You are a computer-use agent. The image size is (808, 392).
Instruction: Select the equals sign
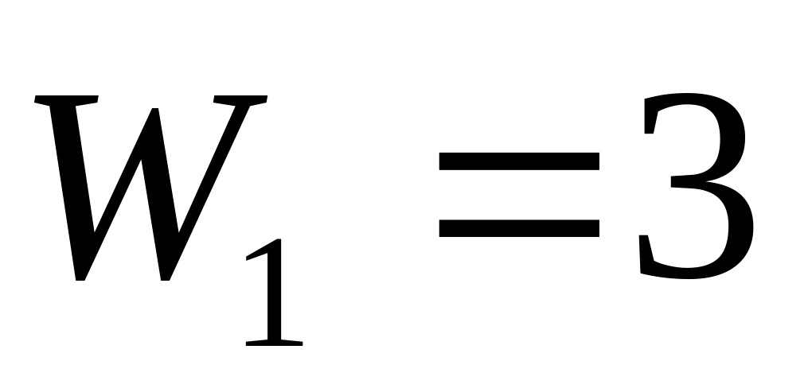tap(519, 196)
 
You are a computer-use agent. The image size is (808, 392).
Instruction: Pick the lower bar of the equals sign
tap(519, 229)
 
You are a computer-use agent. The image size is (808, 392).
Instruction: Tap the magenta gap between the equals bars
tap(519, 196)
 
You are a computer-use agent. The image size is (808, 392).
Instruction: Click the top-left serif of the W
tap(65, 101)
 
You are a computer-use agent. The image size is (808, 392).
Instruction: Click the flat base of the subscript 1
tap(275, 343)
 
